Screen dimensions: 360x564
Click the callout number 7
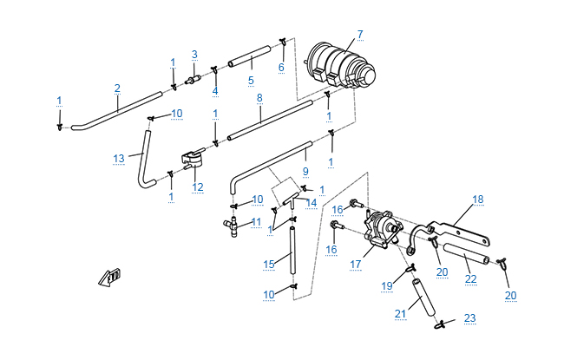coord(359,35)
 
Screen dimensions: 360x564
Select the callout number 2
coord(117,88)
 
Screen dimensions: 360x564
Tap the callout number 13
coord(120,157)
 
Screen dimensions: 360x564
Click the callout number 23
coord(469,318)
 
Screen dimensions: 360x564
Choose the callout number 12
coord(198,187)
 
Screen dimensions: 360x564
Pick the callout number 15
coord(268,262)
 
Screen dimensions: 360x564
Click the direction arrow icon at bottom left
coord(110,278)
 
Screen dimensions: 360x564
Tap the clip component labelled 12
coord(193,161)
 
